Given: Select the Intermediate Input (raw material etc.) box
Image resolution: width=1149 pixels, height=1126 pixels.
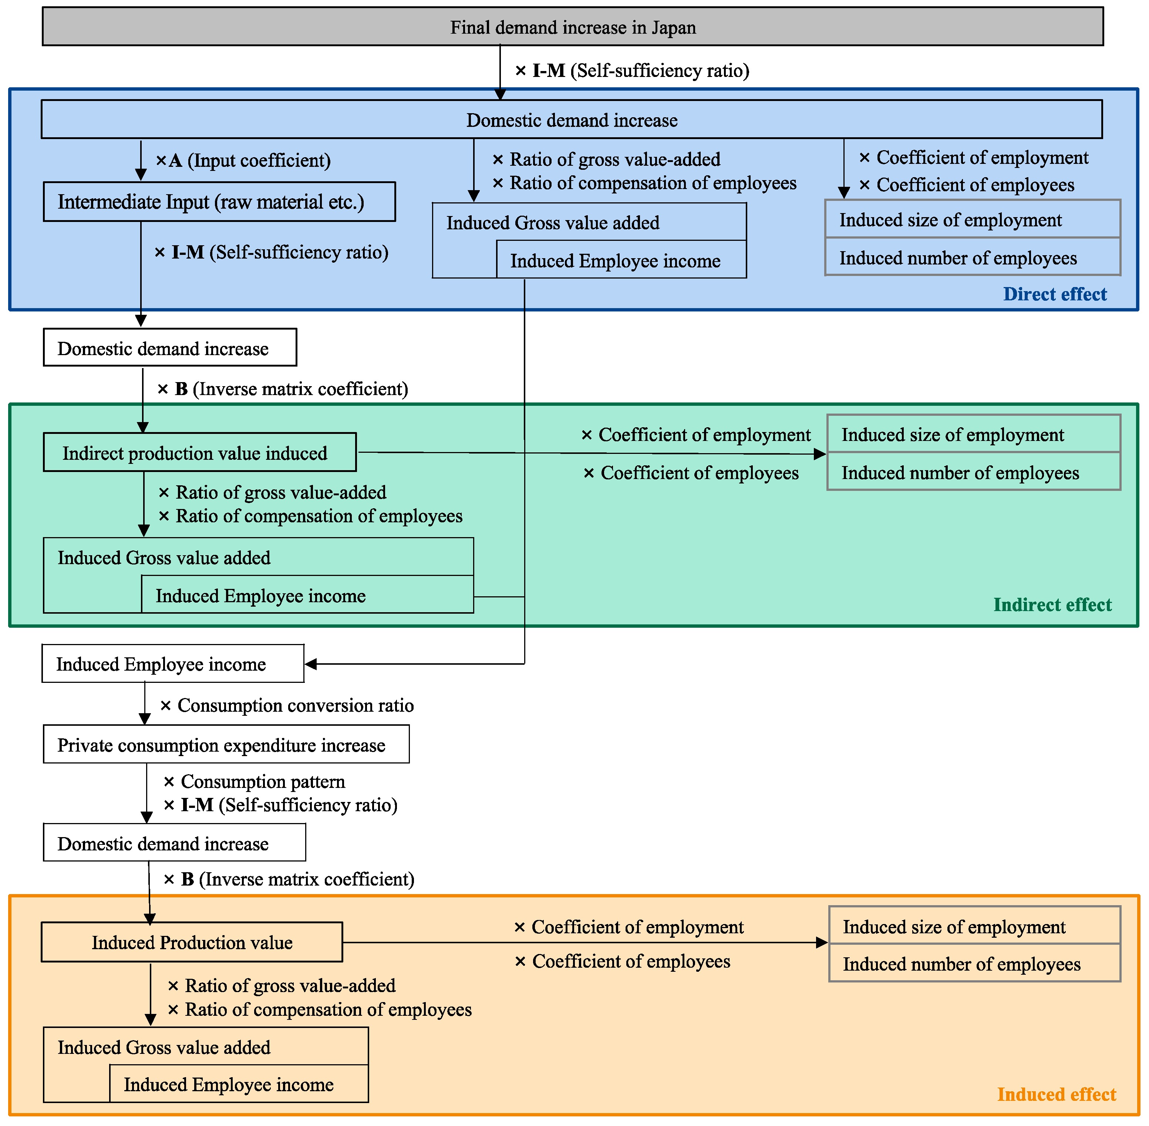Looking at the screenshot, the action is click(219, 202).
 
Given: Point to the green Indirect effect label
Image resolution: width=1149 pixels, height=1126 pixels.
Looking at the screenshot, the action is click(1052, 604).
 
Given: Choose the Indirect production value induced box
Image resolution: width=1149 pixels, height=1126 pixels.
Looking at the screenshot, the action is click(200, 452).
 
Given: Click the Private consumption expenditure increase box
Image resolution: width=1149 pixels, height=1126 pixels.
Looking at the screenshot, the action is click(226, 745).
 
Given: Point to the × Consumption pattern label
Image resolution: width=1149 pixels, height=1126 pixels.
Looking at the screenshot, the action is click(254, 781).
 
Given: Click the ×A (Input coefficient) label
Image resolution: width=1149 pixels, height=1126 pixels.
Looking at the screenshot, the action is click(243, 160).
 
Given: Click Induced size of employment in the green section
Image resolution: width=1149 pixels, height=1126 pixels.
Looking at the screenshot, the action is click(973, 434).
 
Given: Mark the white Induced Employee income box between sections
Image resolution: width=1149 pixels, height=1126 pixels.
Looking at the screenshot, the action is click(173, 664).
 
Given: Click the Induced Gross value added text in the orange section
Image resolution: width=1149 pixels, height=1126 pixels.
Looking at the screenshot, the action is click(164, 1047).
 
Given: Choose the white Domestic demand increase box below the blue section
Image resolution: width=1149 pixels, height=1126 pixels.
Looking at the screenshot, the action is click(170, 348).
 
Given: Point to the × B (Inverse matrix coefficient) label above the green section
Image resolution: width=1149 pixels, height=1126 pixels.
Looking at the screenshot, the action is click(283, 389).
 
